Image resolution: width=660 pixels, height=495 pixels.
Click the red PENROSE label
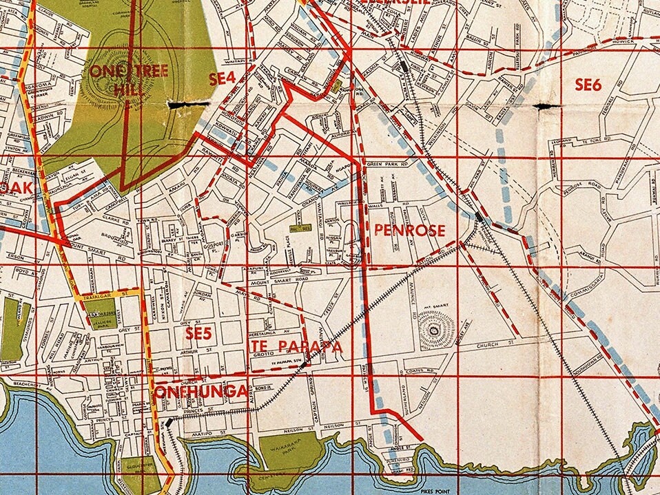(x=409, y=231)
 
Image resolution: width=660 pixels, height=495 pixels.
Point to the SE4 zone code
(x=223, y=79)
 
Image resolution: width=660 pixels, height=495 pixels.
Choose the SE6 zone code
(x=588, y=85)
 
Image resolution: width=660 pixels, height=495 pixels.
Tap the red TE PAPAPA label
(x=297, y=346)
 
